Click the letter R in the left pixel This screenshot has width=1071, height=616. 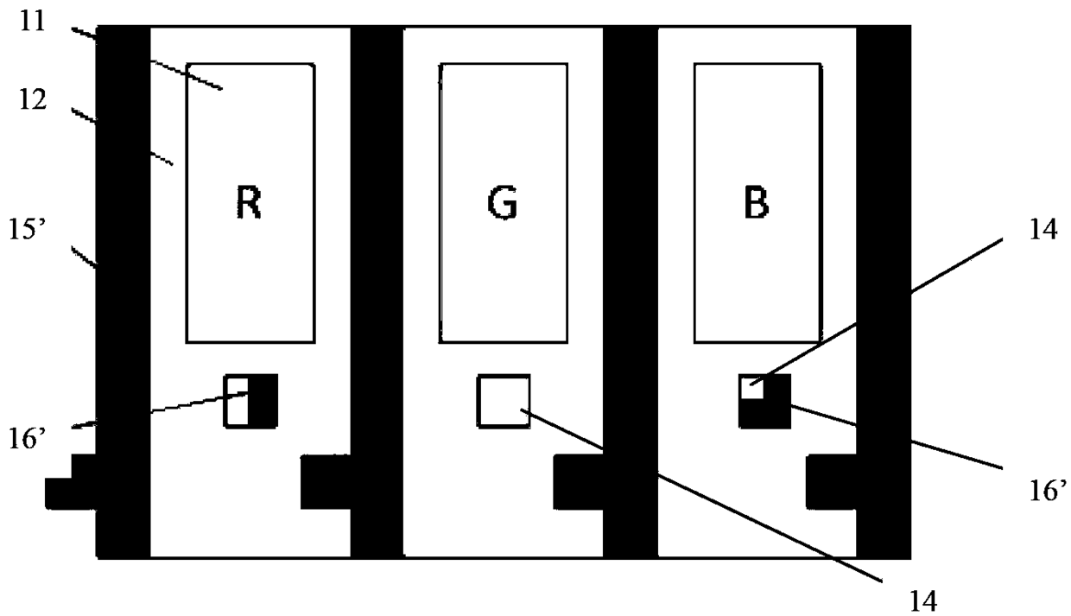[x=249, y=203]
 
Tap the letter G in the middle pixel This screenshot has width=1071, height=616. [x=503, y=203]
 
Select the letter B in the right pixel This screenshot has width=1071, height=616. [x=757, y=203]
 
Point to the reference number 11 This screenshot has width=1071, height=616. [x=32, y=21]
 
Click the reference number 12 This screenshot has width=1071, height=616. [x=33, y=100]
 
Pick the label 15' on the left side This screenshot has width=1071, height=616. [x=27, y=230]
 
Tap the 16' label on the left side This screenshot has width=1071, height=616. [x=27, y=439]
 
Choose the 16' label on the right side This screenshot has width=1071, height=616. [x=1048, y=490]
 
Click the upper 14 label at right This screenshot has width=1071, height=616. [x=1042, y=230]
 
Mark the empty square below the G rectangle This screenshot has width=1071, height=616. [x=504, y=401]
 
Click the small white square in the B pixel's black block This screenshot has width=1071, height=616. [x=751, y=388]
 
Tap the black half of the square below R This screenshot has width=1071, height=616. [x=263, y=401]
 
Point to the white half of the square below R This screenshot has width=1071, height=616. [x=237, y=401]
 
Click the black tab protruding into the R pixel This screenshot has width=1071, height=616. [x=326, y=481]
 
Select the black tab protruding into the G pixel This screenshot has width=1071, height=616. [x=579, y=481]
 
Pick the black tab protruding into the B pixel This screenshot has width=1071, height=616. [x=831, y=481]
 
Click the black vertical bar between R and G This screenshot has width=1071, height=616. [x=377, y=292]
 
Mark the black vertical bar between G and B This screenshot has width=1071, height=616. [x=631, y=292]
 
